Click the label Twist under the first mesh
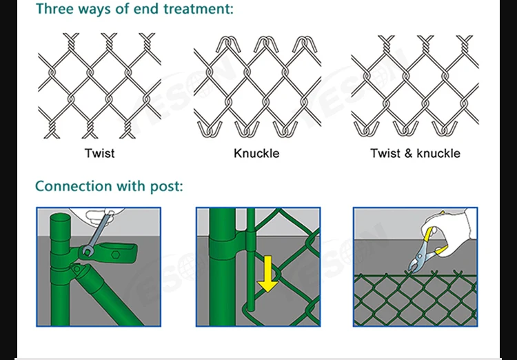pos(99,153)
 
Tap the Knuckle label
pos(256,153)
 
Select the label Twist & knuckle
pos(415,153)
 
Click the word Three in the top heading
pos(56,10)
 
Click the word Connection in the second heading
pos(73,186)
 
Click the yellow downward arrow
pos(267,276)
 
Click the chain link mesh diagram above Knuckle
pos(256,86)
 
